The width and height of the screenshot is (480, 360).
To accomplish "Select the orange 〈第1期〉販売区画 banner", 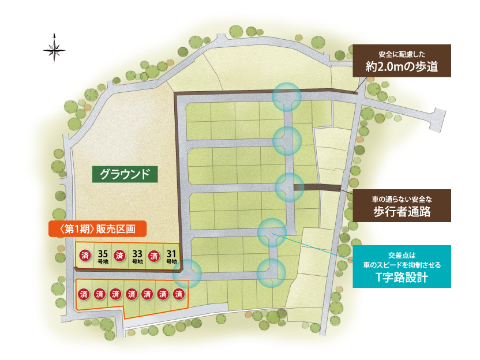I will (97, 228).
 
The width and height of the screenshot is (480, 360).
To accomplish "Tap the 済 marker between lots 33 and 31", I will (154, 255).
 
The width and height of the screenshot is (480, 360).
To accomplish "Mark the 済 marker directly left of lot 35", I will (85, 255).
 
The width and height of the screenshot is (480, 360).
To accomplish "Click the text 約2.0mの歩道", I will (402, 66).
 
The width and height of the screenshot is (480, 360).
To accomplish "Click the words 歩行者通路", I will (402, 211).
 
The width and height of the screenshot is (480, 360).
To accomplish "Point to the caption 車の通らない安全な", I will (402, 198).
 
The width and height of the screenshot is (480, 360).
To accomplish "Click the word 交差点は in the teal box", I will (402, 254).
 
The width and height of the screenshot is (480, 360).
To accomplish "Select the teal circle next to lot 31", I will (187, 273).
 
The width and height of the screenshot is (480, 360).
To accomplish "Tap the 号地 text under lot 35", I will (103, 262).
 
